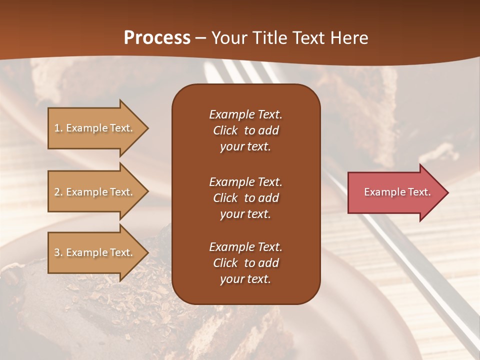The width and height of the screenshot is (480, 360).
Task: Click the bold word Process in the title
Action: (x=157, y=38)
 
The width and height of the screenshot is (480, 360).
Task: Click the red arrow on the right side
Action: (x=395, y=192)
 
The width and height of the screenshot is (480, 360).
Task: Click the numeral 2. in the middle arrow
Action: (x=58, y=192)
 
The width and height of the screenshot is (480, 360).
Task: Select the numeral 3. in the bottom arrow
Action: (x=58, y=252)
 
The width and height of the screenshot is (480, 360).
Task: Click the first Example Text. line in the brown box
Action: (x=245, y=114)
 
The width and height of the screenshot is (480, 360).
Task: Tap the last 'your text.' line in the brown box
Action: (x=245, y=279)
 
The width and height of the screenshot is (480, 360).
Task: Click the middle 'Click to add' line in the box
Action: (x=245, y=198)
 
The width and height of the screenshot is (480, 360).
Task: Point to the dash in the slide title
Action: (x=201, y=38)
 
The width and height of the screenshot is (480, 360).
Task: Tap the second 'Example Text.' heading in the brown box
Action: (x=245, y=182)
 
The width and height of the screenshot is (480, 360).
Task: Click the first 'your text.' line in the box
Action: (x=245, y=147)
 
